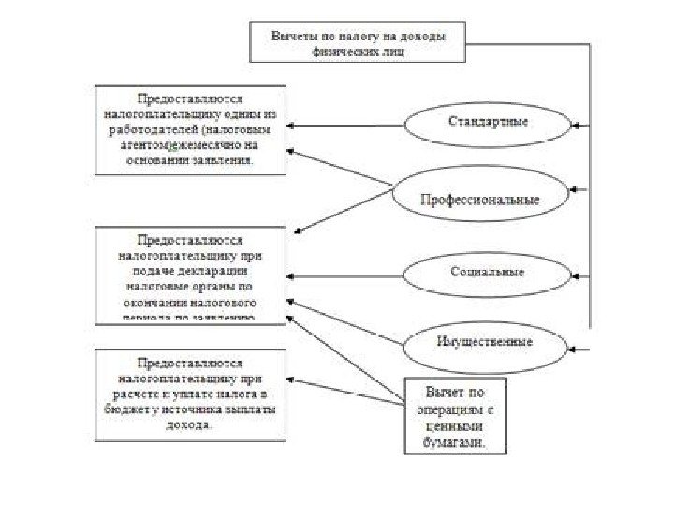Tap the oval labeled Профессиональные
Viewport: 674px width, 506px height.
tap(479, 199)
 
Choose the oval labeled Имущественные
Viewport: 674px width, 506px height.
tap(484, 342)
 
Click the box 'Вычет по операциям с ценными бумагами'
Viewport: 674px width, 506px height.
tap(456, 416)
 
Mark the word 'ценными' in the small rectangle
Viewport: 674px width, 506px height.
tap(456, 431)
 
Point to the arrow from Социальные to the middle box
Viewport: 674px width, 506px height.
tap(346, 275)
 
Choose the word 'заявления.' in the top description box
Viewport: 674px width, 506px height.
tap(224, 160)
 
